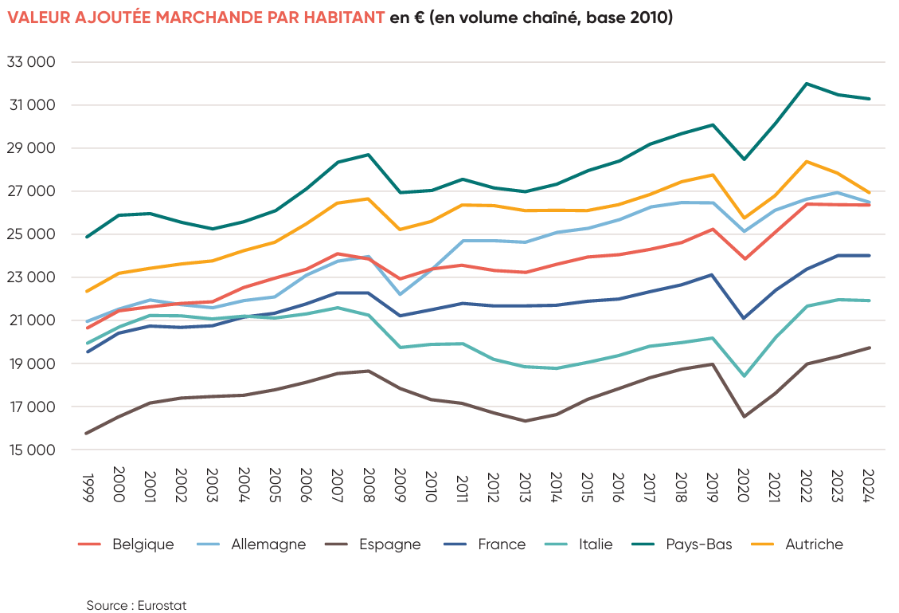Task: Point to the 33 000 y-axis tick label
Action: (x=31, y=62)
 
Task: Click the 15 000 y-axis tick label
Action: (x=31, y=450)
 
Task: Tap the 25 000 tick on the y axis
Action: (x=31, y=234)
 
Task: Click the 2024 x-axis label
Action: (x=867, y=484)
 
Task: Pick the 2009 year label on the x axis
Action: (x=398, y=484)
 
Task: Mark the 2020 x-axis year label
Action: (x=742, y=484)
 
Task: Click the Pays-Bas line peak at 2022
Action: (x=807, y=84)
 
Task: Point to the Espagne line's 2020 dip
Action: (x=744, y=416)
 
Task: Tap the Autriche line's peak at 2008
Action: (x=367, y=198)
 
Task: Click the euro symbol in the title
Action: (x=418, y=18)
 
